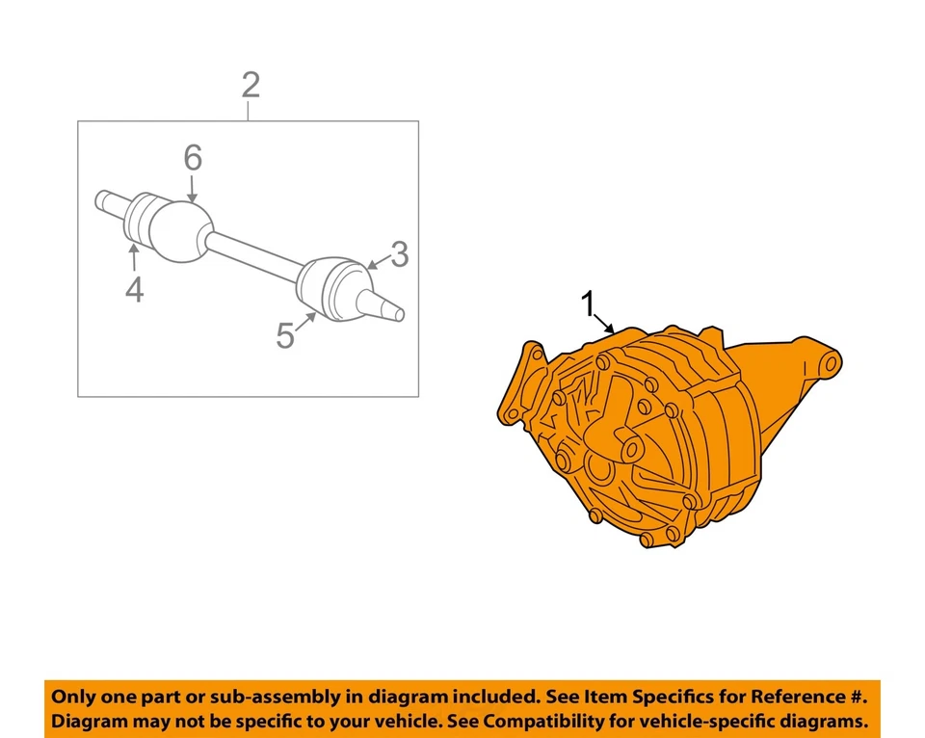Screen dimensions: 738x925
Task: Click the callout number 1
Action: pos(587,305)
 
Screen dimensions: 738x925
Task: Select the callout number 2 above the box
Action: pos(250,86)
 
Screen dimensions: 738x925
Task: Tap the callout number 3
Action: pos(399,255)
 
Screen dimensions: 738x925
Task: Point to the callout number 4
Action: pos(134,288)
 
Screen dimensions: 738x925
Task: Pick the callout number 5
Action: pos(285,335)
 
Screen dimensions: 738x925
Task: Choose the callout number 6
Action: pos(193,157)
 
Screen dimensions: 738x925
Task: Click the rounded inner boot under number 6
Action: pos(176,229)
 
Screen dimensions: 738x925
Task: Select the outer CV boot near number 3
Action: pos(332,288)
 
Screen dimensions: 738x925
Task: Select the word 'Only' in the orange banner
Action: pos(73,697)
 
